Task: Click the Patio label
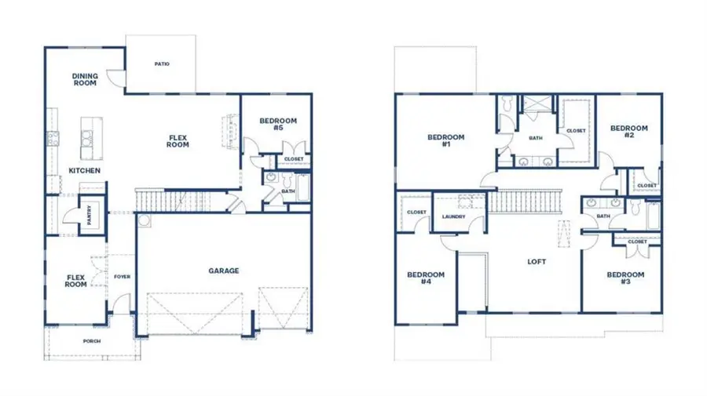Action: click(162, 64)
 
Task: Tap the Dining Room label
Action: click(85, 79)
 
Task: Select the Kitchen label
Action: click(83, 170)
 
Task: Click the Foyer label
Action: click(122, 277)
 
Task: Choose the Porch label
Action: click(92, 341)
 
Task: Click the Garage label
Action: click(224, 271)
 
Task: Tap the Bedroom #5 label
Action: click(278, 124)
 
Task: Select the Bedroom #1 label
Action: click(445, 141)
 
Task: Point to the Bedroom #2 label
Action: click(628, 132)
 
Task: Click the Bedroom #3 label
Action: click(625, 278)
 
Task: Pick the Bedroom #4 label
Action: click(426, 278)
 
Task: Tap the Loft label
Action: click(537, 262)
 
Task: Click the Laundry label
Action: click(454, 217)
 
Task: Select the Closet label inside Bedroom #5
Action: click(294, 159)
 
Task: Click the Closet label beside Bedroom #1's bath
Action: click(576, 131)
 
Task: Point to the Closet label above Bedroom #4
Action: click(416, 213)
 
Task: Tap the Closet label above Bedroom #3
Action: click(637, 242)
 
